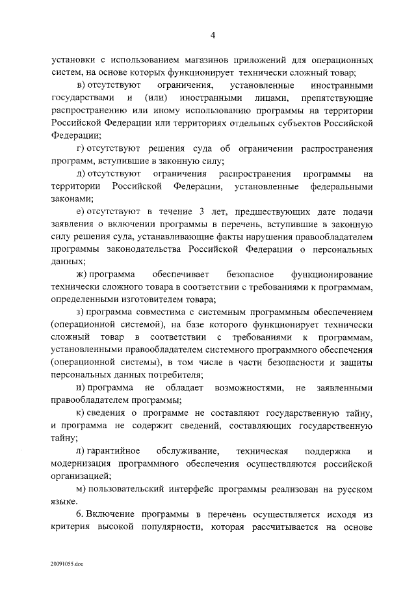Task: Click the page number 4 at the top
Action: tap(212, 35)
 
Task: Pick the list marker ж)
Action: tap(82, 274)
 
